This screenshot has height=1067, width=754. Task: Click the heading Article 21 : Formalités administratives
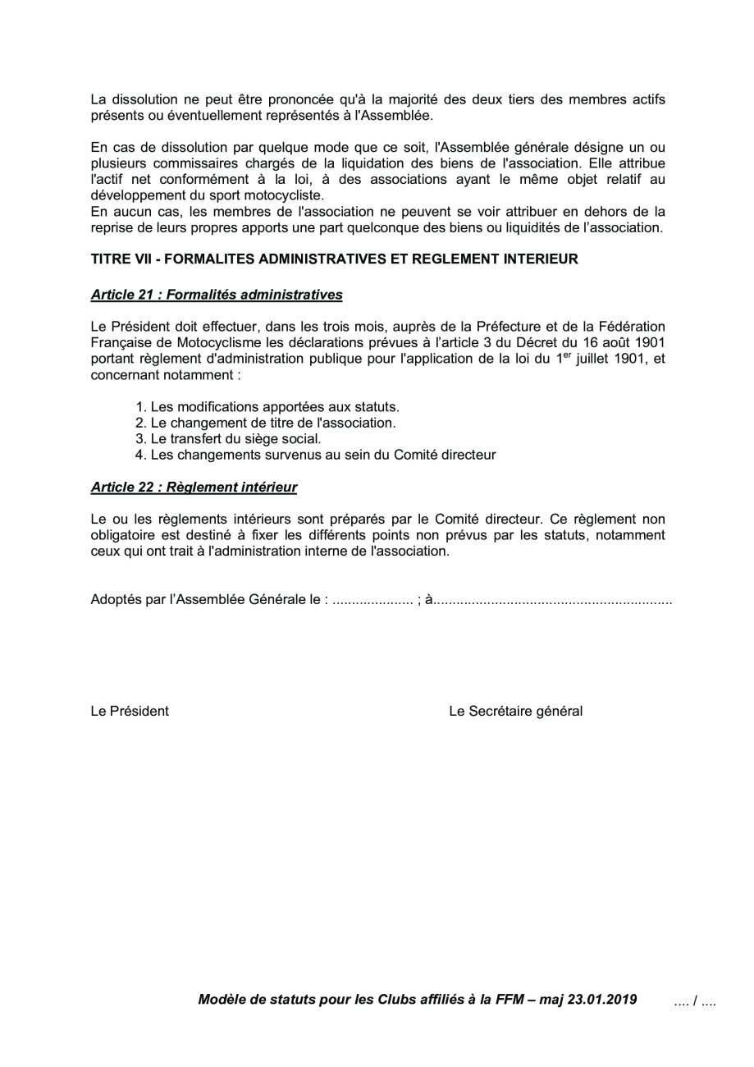pos(217,294)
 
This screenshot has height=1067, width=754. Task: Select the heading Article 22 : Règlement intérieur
pos(194,487)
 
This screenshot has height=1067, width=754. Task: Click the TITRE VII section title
pos(334,259)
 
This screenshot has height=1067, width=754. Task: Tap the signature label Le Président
pos(130,711)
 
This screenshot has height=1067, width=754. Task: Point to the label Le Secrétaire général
pos(515,711)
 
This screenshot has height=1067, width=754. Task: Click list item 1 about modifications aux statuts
pos(267,407)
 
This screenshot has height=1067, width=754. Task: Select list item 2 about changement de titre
pos(266,423)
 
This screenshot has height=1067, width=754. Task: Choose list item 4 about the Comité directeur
pos(316,454)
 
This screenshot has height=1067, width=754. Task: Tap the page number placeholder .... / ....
pos(695,1001)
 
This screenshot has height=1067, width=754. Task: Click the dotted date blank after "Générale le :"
pos(372,600)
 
